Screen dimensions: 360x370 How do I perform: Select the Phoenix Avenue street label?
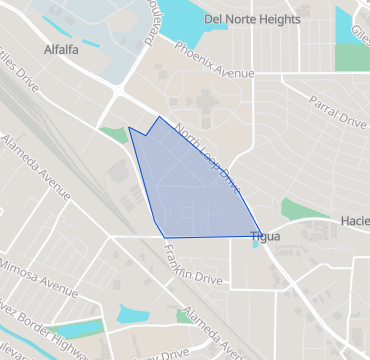213,60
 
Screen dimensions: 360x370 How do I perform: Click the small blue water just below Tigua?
257,246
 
